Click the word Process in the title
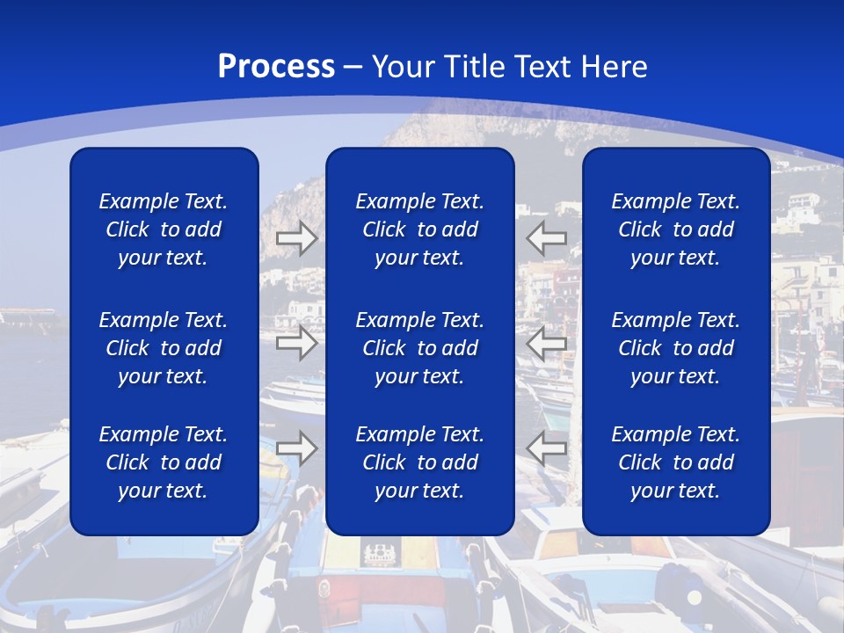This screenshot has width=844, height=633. (x=276, y=67)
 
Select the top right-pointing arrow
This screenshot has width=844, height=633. (x=297, y=238)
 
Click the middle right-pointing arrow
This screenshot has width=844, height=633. (x=297, y=343)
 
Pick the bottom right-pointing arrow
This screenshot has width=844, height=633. (x=297, y=448)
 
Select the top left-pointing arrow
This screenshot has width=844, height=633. (x=547, y=238)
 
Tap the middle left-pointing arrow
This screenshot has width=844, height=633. (x=547, y=343)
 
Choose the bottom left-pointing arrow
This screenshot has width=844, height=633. (x=547, y=448)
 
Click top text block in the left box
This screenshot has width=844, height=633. (x=164, y=229)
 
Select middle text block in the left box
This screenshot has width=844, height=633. (x=164, y=348)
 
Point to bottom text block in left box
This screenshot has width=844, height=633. (x=164, y=462)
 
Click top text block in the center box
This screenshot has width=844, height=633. (x=419, y=229)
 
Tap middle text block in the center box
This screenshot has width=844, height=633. (x=419, y=348)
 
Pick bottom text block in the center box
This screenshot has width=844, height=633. (x=419, y=462)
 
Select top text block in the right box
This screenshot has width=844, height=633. (x=676, y=229)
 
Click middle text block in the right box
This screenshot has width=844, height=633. (x=676, y=348)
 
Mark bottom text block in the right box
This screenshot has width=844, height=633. (x=676, y=462)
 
